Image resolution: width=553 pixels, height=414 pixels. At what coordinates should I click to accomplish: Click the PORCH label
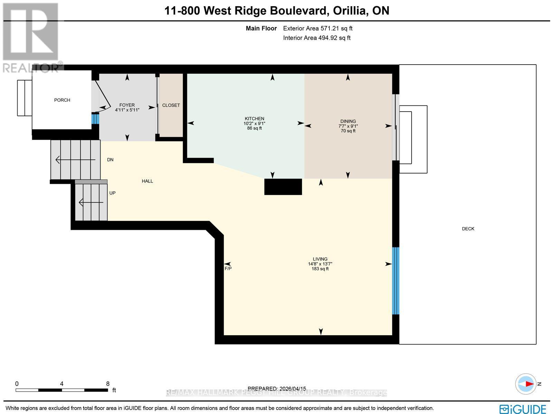(62, 100)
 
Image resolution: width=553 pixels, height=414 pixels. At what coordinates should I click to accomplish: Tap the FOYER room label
(127, 105)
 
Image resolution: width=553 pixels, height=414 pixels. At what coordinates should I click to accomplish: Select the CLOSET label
(171, 105)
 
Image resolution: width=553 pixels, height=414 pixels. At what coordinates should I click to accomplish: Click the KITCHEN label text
(254, 119)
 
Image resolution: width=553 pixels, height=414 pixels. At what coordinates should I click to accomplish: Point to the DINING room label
(348, 121)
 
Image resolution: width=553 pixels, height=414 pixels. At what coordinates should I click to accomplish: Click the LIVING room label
(320, 259)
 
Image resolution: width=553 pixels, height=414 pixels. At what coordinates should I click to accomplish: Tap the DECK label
(468, 229)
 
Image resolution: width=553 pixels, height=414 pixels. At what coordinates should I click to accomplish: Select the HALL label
(147, 181)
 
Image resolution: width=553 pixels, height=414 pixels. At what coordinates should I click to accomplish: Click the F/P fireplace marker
(228, 269)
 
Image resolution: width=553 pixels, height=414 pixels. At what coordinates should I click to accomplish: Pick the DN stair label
(110, 160)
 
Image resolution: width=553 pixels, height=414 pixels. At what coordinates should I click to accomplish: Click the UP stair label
(112, 193)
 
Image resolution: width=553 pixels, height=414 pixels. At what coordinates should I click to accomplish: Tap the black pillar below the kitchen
(283, 187)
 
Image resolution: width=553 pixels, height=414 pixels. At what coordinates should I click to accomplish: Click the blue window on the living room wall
(396, 281)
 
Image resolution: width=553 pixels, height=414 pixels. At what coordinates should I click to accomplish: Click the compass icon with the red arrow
(526, 384)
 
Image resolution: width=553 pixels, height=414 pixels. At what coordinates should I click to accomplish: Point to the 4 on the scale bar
(62, 384)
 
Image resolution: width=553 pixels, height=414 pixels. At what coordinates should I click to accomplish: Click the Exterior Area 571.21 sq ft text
(318, 29)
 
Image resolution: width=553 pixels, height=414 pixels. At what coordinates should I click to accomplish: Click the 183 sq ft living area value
(320, 269)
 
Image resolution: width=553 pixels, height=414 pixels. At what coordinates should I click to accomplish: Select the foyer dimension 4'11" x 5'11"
(127, 110)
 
